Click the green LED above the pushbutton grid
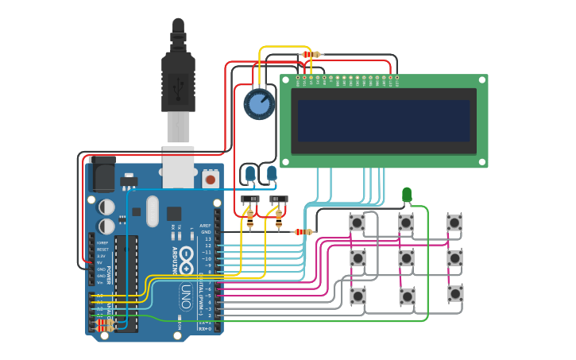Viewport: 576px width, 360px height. (407, 194)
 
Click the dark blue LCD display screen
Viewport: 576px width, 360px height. (384, 120)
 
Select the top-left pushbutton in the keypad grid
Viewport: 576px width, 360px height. (358, 223)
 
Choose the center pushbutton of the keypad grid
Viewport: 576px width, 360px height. (406, 258)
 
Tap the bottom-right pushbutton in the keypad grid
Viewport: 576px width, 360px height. (454, 293)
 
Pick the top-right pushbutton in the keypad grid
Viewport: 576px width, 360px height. (454, 223)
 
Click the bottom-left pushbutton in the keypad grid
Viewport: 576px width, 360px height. (358, 296)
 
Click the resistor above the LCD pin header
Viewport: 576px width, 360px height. (311, 54)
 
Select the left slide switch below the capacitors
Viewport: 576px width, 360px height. (250, 199)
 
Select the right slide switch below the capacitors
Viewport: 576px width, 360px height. (278, 199)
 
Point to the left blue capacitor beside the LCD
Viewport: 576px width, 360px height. (249, 173)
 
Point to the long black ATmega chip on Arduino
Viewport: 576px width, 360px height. (126, 282)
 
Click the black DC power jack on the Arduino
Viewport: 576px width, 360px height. (103, 173)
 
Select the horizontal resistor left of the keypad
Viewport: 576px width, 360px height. (303, 232)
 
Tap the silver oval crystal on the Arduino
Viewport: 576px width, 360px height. (152, 211)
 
